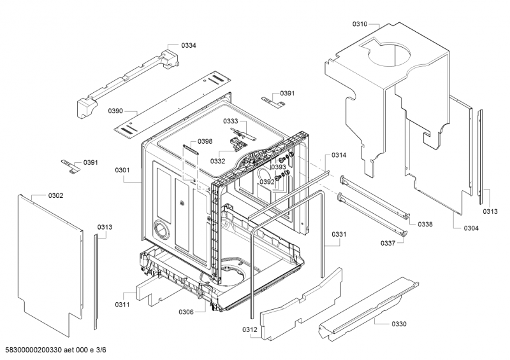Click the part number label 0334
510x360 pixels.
click(x=189, y=46)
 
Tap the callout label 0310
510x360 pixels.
click(x=360, y=24)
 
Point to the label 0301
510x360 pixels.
click(x=122, y=170)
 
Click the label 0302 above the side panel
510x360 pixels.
click(x=55, y=195)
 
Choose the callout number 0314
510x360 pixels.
click(x=339, y=155)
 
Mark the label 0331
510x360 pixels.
click(x=339, y=235)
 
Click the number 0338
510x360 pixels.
click(x=425, y=224)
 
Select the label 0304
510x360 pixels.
click(x=472, y=228)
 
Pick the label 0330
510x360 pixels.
click(x=398, y=324)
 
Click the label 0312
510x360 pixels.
click(x=249, y=329)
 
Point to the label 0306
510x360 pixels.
click(x=186, y=312)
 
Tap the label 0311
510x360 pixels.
click(x=122, y=305)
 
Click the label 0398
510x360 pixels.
click(x=205, y=141)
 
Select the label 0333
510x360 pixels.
click(x=230, y=121)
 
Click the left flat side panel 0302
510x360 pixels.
click(x=51, y=261)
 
